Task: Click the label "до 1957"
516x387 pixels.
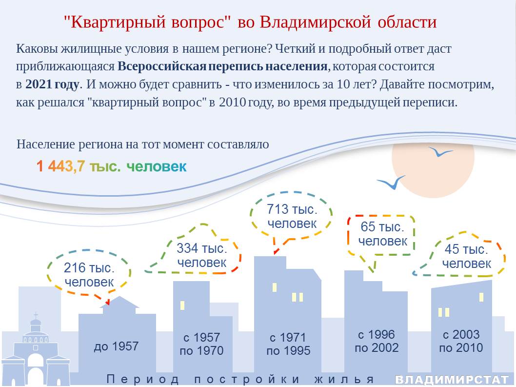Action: pyautogui.click(x=116, y=346)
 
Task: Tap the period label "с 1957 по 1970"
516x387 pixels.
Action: pyautogui.click(x=201, y=344)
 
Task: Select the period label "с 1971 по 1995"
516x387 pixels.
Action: pyautogui.click(x=288, y=344)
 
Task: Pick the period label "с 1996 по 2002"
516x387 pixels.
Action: pyautogui.click(x=377, y=341)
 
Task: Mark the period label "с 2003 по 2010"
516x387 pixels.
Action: pyautogui.click(x=461, y=341)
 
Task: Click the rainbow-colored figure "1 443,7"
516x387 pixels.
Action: pyautogui.click(x=60, y=166)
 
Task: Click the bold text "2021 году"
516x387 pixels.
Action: pyautogui.click(x=52, y=84)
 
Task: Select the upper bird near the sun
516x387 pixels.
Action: pyautogui.click(x=440, y=151)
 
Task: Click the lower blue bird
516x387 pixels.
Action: pyautogui.click(x=392, y=183)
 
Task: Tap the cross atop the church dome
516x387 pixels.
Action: pyautogui.click(x=36, y=315)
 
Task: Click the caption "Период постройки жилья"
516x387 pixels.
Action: pyautogui.click(x=240, y=379)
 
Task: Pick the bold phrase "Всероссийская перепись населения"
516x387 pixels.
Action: pyautogui.click(x=222, y=66)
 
